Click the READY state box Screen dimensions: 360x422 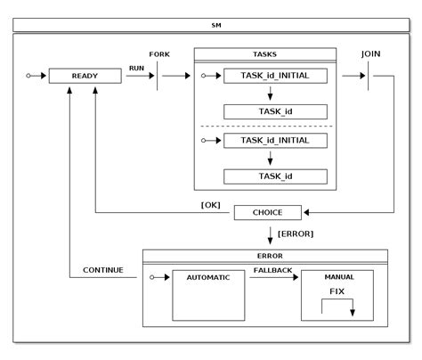[x=85, y=77]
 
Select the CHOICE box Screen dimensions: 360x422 [x=268, y=213]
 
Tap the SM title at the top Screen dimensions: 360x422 [x=215, y=25]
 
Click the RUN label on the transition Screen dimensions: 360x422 [x=136, y=67]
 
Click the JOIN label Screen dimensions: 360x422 [x=371, y=54]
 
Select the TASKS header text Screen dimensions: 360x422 [x=265, y=53]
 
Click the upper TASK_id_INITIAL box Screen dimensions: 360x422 [x=275, y=77]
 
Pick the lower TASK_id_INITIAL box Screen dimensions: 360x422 [x=275, y=141]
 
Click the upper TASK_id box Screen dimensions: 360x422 [x=275, y=111]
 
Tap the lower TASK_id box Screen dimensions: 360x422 [x=275, y=176]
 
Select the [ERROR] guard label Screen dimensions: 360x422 [x=296, y=233]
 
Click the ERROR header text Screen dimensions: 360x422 [x=265, y=255]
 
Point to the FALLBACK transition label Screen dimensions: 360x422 [x=273, y=269]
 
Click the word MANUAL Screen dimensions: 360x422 [x=338, y=277]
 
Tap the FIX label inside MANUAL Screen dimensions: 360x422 [x=337, y=291]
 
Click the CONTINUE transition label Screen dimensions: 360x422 [x=103, y=269]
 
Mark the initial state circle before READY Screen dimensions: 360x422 [x=28, y=77]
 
